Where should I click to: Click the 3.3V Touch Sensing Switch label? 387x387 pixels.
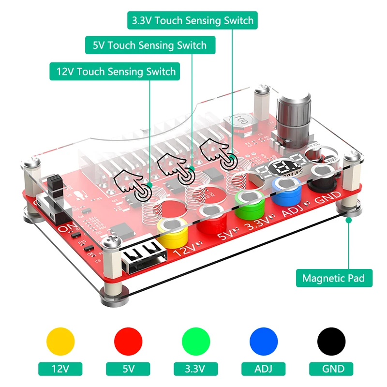[192, 21]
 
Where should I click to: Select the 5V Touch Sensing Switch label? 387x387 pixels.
[149, 45]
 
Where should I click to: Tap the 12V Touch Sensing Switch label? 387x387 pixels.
[116, 72]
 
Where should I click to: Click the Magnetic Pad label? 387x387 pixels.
[334, 278]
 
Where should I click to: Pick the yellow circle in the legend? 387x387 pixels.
[60, 342]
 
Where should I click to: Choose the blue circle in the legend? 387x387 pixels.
[264, 342]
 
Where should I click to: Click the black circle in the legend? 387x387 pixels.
[331, 342]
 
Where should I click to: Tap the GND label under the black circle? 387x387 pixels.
[331, 369]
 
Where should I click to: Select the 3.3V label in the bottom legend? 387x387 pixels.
[196, 369]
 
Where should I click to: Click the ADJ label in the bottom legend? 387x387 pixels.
[264, 369]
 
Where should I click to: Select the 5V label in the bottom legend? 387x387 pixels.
[128, 369]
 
